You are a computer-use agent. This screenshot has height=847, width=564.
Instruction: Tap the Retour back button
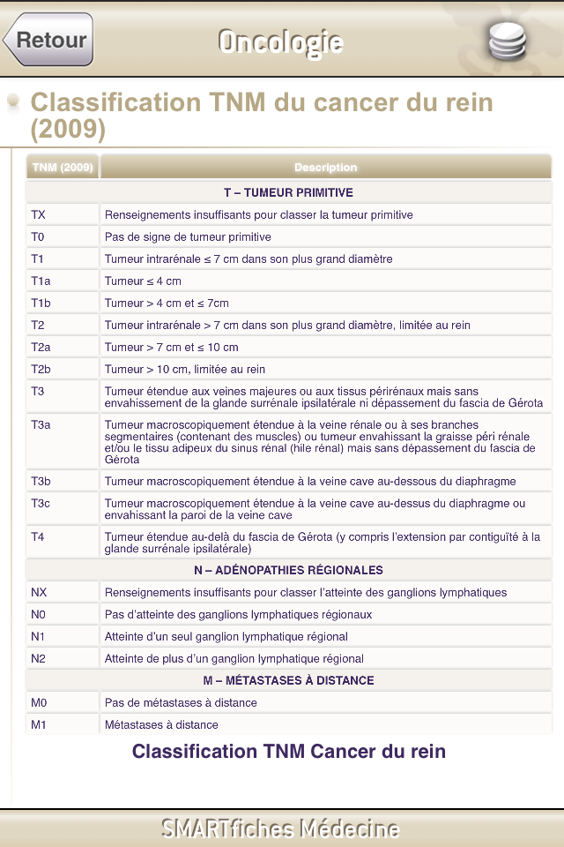coord(49,40)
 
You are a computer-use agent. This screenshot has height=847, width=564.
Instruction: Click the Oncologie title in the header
coord(280,41)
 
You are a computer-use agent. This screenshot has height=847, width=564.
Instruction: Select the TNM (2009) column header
coord(63,167)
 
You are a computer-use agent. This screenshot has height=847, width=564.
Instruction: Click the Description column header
coord(325,167)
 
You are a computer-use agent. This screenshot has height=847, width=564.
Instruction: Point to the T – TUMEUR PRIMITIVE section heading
coord(288,192)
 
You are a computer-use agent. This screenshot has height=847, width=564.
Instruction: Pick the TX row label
coord(39,214)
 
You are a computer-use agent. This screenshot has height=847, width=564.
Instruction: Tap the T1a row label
coord(41,281)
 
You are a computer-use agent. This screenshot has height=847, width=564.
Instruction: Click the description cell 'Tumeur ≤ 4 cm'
coord(143,281)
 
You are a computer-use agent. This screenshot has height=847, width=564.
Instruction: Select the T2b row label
coord(41,369)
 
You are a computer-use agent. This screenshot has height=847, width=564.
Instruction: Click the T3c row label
coord(41,504)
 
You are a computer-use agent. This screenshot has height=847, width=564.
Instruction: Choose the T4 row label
coord(38,536)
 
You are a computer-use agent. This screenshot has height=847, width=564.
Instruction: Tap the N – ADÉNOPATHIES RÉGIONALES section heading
coord(288,570)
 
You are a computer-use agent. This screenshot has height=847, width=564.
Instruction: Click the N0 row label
coord(38,614)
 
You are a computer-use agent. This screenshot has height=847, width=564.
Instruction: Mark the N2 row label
coord(38,658)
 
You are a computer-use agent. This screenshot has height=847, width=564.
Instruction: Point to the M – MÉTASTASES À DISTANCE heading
coord(288,680)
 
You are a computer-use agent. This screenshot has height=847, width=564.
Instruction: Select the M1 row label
coord(38,724)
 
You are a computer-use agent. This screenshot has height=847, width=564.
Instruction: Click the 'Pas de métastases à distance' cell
coord(181,702)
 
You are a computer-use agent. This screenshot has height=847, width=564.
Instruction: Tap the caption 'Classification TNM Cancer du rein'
coord(288,752)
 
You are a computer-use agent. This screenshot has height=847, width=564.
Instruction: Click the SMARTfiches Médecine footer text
coord(280,828)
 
